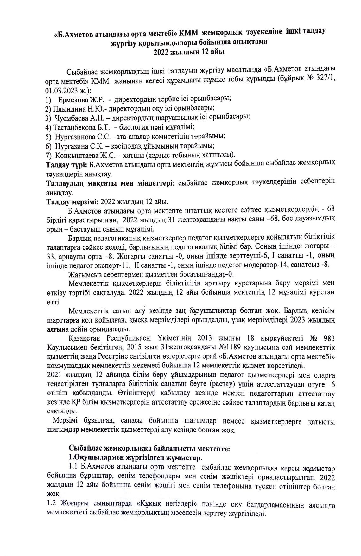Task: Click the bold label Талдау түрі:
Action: click(67, 164)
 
